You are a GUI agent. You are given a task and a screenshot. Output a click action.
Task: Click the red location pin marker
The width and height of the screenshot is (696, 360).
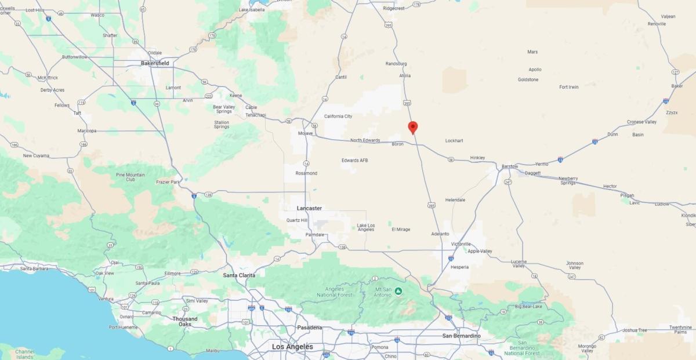412,127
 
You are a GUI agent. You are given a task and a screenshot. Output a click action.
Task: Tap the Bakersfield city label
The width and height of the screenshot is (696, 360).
155,63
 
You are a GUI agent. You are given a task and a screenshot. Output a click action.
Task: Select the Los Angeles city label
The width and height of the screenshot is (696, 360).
292,347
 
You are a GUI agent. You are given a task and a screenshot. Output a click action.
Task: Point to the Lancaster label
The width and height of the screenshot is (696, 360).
309,208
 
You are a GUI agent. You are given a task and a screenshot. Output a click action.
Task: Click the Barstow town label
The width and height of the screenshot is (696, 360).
510,166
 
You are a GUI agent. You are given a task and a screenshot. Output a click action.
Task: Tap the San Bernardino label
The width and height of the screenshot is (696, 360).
461,336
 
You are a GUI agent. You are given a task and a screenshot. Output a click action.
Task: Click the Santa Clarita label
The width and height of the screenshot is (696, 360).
239,275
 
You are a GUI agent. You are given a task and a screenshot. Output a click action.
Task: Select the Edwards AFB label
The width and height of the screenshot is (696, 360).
354,161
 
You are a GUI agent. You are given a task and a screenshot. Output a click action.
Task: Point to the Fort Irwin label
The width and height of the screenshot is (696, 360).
568,87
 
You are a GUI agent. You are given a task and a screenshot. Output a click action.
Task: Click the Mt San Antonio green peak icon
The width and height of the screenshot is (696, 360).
399,292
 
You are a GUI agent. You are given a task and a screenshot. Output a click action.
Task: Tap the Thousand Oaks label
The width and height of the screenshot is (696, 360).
184,321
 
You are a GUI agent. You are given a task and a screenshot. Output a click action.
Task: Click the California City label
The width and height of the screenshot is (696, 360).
338,117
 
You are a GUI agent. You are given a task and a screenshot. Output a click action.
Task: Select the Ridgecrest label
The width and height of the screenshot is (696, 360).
394,8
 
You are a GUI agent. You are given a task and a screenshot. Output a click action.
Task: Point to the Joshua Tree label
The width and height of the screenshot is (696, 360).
635,330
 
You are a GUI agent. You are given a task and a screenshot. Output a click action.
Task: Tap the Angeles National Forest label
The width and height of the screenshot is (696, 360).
335,292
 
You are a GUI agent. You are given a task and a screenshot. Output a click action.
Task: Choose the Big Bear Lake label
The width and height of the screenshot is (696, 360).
528,306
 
